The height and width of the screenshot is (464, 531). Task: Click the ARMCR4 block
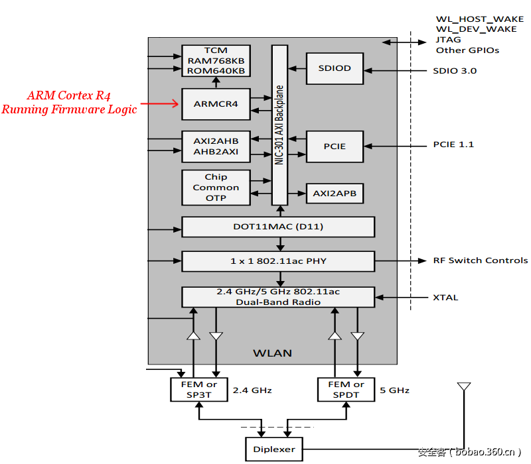coord(216,104)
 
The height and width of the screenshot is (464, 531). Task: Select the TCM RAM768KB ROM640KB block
coord(216,60)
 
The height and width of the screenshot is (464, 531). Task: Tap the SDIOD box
coord(335,68)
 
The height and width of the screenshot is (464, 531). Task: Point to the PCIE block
coord(335,146)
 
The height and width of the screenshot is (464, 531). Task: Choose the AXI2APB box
coord(335,194)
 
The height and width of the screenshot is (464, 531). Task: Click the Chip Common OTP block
coord(216,188)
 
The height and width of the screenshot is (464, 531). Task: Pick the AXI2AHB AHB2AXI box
coord(216,146)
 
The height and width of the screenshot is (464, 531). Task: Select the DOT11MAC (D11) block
coord(278,227)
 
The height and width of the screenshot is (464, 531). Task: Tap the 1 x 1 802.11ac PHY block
coord(278,261)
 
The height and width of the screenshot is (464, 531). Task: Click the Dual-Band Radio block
coord(278,297)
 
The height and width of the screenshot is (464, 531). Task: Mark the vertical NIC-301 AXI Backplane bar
coord(279,126)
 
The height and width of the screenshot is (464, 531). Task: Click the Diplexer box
coord(273,449)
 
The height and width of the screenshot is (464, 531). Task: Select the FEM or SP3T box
coord(198,389)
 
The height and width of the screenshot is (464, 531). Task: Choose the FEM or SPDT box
coord(346,389)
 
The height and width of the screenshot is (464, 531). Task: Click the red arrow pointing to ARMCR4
coord(162,103)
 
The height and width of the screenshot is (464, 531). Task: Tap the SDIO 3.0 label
coord(455,70)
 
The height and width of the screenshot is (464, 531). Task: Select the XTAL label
coord(445,298)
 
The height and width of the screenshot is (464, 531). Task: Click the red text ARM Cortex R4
coord(69,96)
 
